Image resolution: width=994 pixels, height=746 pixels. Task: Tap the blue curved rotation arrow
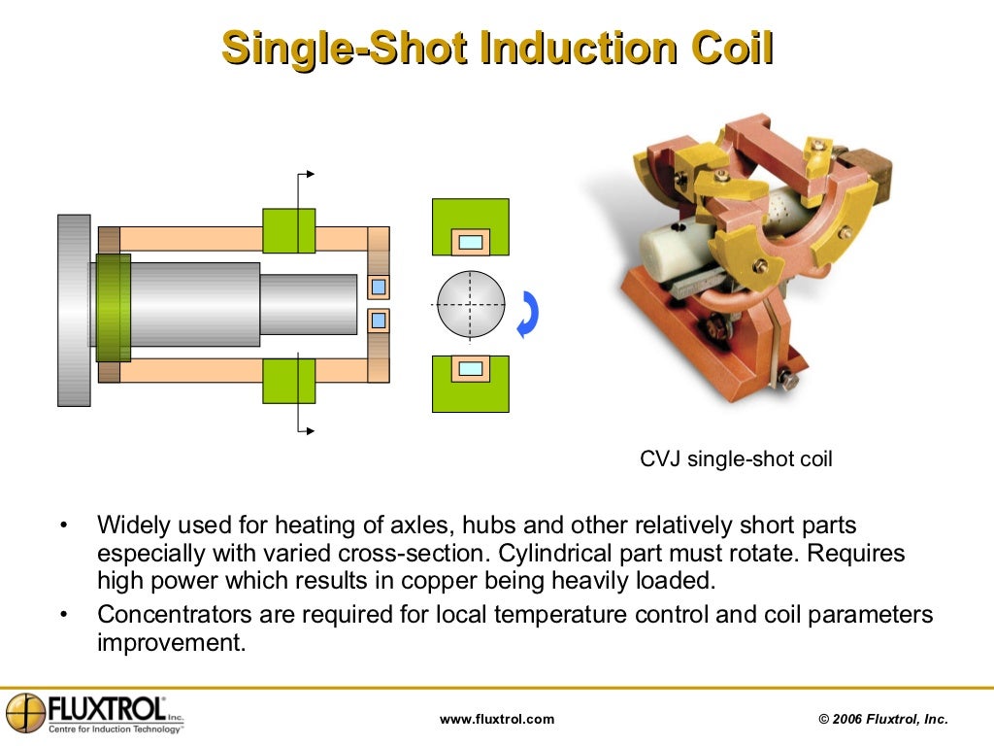pos(528,314)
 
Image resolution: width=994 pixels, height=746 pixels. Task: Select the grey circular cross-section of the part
pos(471,304)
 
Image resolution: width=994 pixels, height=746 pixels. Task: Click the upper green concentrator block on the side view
pos(289,230)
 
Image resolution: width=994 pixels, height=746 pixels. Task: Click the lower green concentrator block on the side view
pos(289,380)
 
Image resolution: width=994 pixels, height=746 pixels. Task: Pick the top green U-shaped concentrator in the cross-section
pos(471,217)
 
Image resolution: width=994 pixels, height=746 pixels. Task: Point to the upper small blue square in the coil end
pos(379,287)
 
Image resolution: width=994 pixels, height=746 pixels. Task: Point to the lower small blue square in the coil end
pos(379,320)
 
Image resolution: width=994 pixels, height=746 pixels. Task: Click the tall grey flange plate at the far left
pos(74,310)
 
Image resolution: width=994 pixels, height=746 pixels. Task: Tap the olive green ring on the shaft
pos(113,308)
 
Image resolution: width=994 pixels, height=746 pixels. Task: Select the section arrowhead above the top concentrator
pos(310,174)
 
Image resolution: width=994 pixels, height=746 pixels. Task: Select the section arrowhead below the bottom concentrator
pos(310,430)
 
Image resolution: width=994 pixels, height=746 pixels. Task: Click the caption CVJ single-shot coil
pos(736,459)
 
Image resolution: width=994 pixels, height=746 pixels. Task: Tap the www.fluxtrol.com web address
pos(497,719)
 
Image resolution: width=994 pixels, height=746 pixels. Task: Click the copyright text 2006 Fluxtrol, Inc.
pos(883,719)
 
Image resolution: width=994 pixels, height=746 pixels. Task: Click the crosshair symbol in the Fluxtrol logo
pos(26,713)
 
